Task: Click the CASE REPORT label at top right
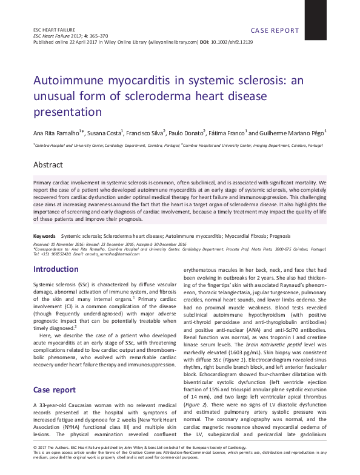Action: [x=275, y=30]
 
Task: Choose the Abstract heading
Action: [x=48, y=164]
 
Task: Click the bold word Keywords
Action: [x=45, y=234]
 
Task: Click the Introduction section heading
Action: [x=56, y=269]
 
